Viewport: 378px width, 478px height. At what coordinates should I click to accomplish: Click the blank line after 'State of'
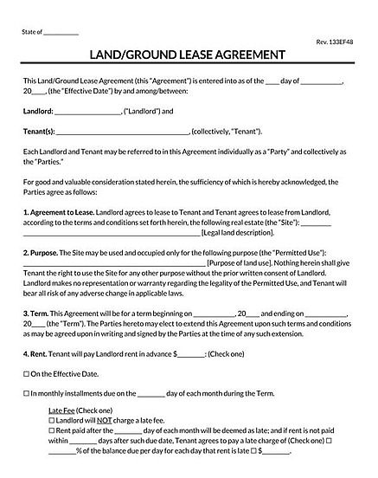[60, 33]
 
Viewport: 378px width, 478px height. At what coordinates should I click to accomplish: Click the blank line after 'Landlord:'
[88, 112]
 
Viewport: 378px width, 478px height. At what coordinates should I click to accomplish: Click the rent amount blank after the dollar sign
[192, 355]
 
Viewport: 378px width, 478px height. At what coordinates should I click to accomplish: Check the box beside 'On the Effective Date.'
[26, 375]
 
